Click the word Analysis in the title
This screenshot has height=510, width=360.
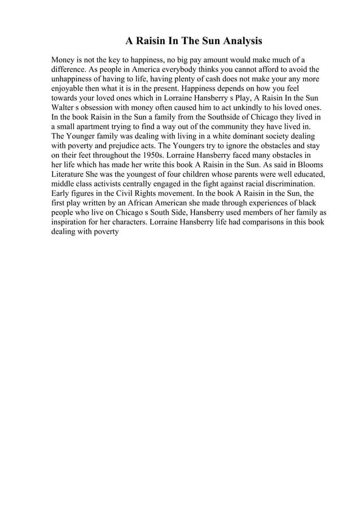pyautogui.click(x=239, y=41)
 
